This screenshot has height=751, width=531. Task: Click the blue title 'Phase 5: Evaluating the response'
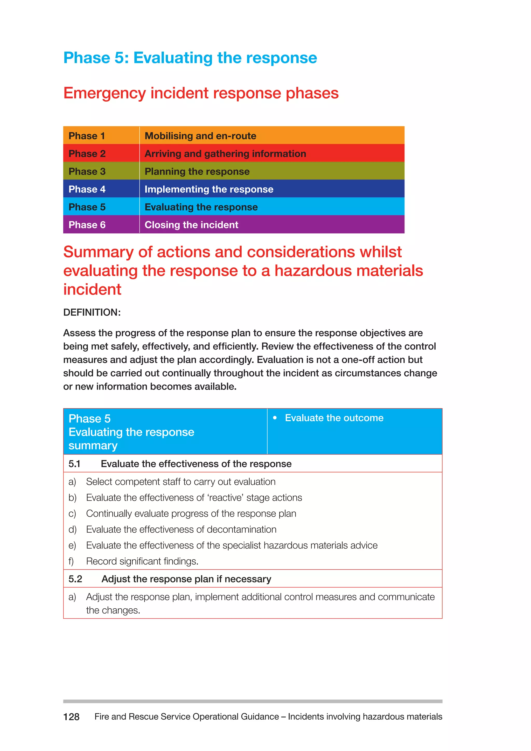coord(190,58)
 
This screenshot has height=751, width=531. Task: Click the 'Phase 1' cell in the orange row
coord(87,136)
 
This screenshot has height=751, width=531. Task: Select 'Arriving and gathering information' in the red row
coord(225,154)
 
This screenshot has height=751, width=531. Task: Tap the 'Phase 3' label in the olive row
coord(87,171)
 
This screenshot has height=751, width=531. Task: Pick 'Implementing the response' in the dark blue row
coord(209,189)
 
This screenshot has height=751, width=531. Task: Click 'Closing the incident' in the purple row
coord(191,225)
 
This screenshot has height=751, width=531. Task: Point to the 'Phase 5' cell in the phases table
coord(87,207)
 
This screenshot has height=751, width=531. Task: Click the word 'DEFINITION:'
coord(92,312)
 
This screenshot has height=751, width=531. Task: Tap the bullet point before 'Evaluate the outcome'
coord(275,418)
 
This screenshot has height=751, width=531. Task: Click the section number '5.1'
coord(74,464)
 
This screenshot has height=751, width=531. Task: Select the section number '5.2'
coord(75,579)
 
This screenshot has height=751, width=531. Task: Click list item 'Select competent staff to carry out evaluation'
coord(180,482)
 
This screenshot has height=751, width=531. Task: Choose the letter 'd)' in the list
coord(72,530)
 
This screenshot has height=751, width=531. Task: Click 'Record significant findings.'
coord(142,561)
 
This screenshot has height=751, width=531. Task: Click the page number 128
coord(71,717)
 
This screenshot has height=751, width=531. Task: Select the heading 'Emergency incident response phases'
coord(201,93)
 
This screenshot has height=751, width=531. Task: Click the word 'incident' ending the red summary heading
coord(92,289)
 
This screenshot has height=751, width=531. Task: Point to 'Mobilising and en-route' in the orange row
coord(200,136)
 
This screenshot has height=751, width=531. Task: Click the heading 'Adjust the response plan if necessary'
coord(186,579)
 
